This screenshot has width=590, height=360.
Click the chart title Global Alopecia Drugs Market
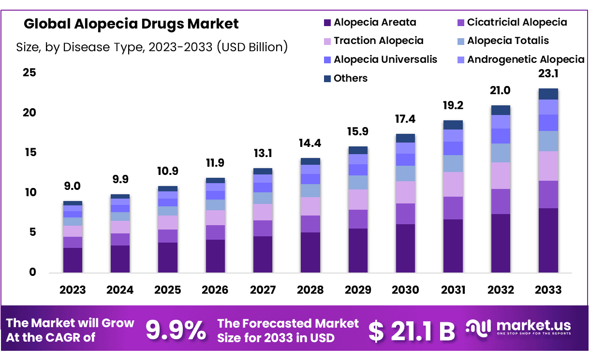[x=131, y=24]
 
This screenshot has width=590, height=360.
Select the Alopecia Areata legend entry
[x=369, y=22]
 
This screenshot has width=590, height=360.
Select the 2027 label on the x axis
[x=263, y=290]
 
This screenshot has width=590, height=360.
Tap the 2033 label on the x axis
[x=548, y=290]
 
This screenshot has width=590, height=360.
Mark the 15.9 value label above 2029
[x=358, y=131]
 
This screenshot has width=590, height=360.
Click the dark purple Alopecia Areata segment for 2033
[x=548, y=240]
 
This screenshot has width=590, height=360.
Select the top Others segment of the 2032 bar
[x=501, y=110]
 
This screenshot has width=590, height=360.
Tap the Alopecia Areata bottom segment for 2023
[x=73, y=260]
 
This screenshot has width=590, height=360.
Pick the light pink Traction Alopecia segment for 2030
[x=405, y=192]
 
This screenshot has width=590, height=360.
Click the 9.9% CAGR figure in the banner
[x=176, y=331]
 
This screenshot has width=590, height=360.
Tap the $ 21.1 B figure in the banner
[x=411, y=331]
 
